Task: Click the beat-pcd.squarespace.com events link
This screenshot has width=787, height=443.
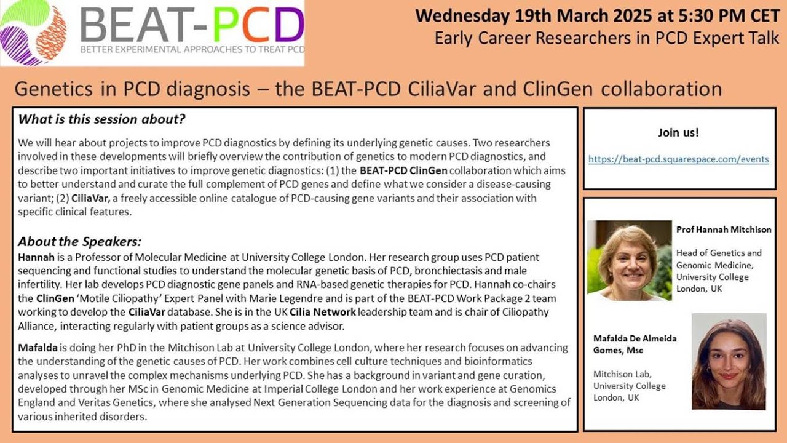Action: click(678, 159)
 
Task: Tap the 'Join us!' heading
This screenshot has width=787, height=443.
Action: click(678, 132)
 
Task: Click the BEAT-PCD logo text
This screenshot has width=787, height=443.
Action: click(192, 26)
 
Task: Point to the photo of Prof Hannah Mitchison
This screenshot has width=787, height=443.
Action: click(628, 260)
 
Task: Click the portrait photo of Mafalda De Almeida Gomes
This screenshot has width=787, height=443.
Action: click(729, 361)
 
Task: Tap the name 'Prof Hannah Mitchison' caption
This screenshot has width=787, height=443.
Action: click(723, 229)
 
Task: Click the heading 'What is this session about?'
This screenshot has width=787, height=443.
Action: click(102, 119)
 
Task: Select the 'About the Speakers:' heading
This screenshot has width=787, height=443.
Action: click(79, 241)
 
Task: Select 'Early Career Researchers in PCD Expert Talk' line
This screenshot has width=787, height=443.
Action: click(606, 38)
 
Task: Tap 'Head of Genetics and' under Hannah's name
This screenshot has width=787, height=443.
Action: click(718, 253)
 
